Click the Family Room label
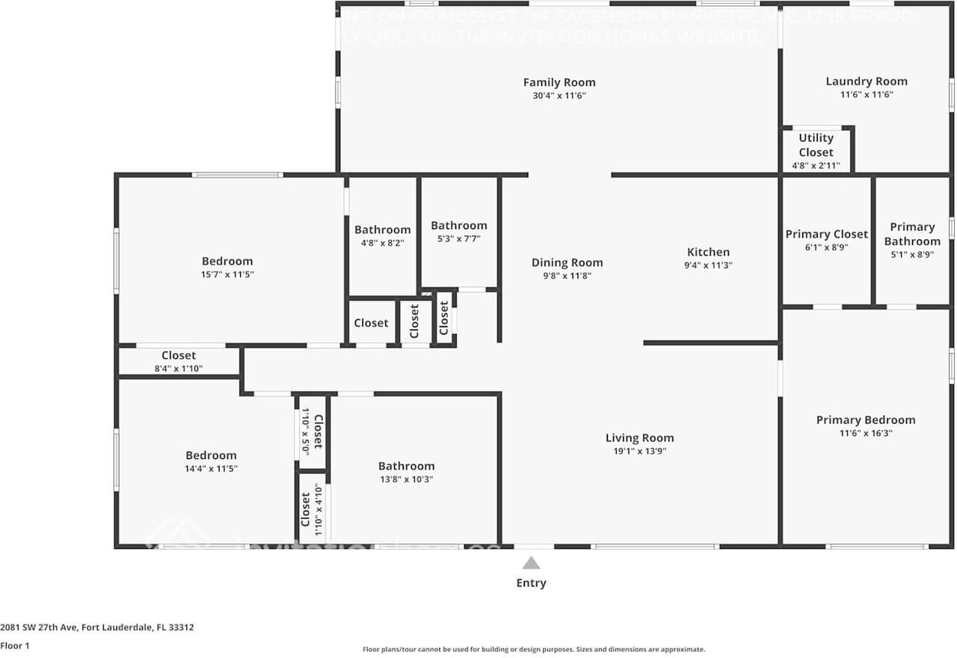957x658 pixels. tap(559, 82)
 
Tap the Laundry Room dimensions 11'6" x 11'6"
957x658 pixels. tap(867, 95)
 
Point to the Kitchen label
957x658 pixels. tap(708, 252)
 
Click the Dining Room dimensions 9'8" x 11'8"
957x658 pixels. tap(567, 276)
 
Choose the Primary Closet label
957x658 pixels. tap(826, 234)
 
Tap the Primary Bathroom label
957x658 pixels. tap(912, 234)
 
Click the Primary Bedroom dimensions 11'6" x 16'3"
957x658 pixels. tap(865, 433)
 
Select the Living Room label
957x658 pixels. tap(639, 438)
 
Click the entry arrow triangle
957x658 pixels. tap(531, 564)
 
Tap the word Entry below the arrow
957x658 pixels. tap(531, 583)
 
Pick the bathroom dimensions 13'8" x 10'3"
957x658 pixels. tap(406, 479)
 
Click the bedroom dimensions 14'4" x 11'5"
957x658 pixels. tap(211, 469)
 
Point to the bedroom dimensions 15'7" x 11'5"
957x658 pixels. tap(227, 274)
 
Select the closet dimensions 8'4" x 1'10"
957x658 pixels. tap(179, 369)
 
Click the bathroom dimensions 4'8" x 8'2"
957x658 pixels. tap(382, 243)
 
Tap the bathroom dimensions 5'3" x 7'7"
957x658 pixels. tap(458, 239)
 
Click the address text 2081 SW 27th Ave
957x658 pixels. tap(45, 627)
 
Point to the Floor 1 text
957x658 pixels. tap(14, 645)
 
